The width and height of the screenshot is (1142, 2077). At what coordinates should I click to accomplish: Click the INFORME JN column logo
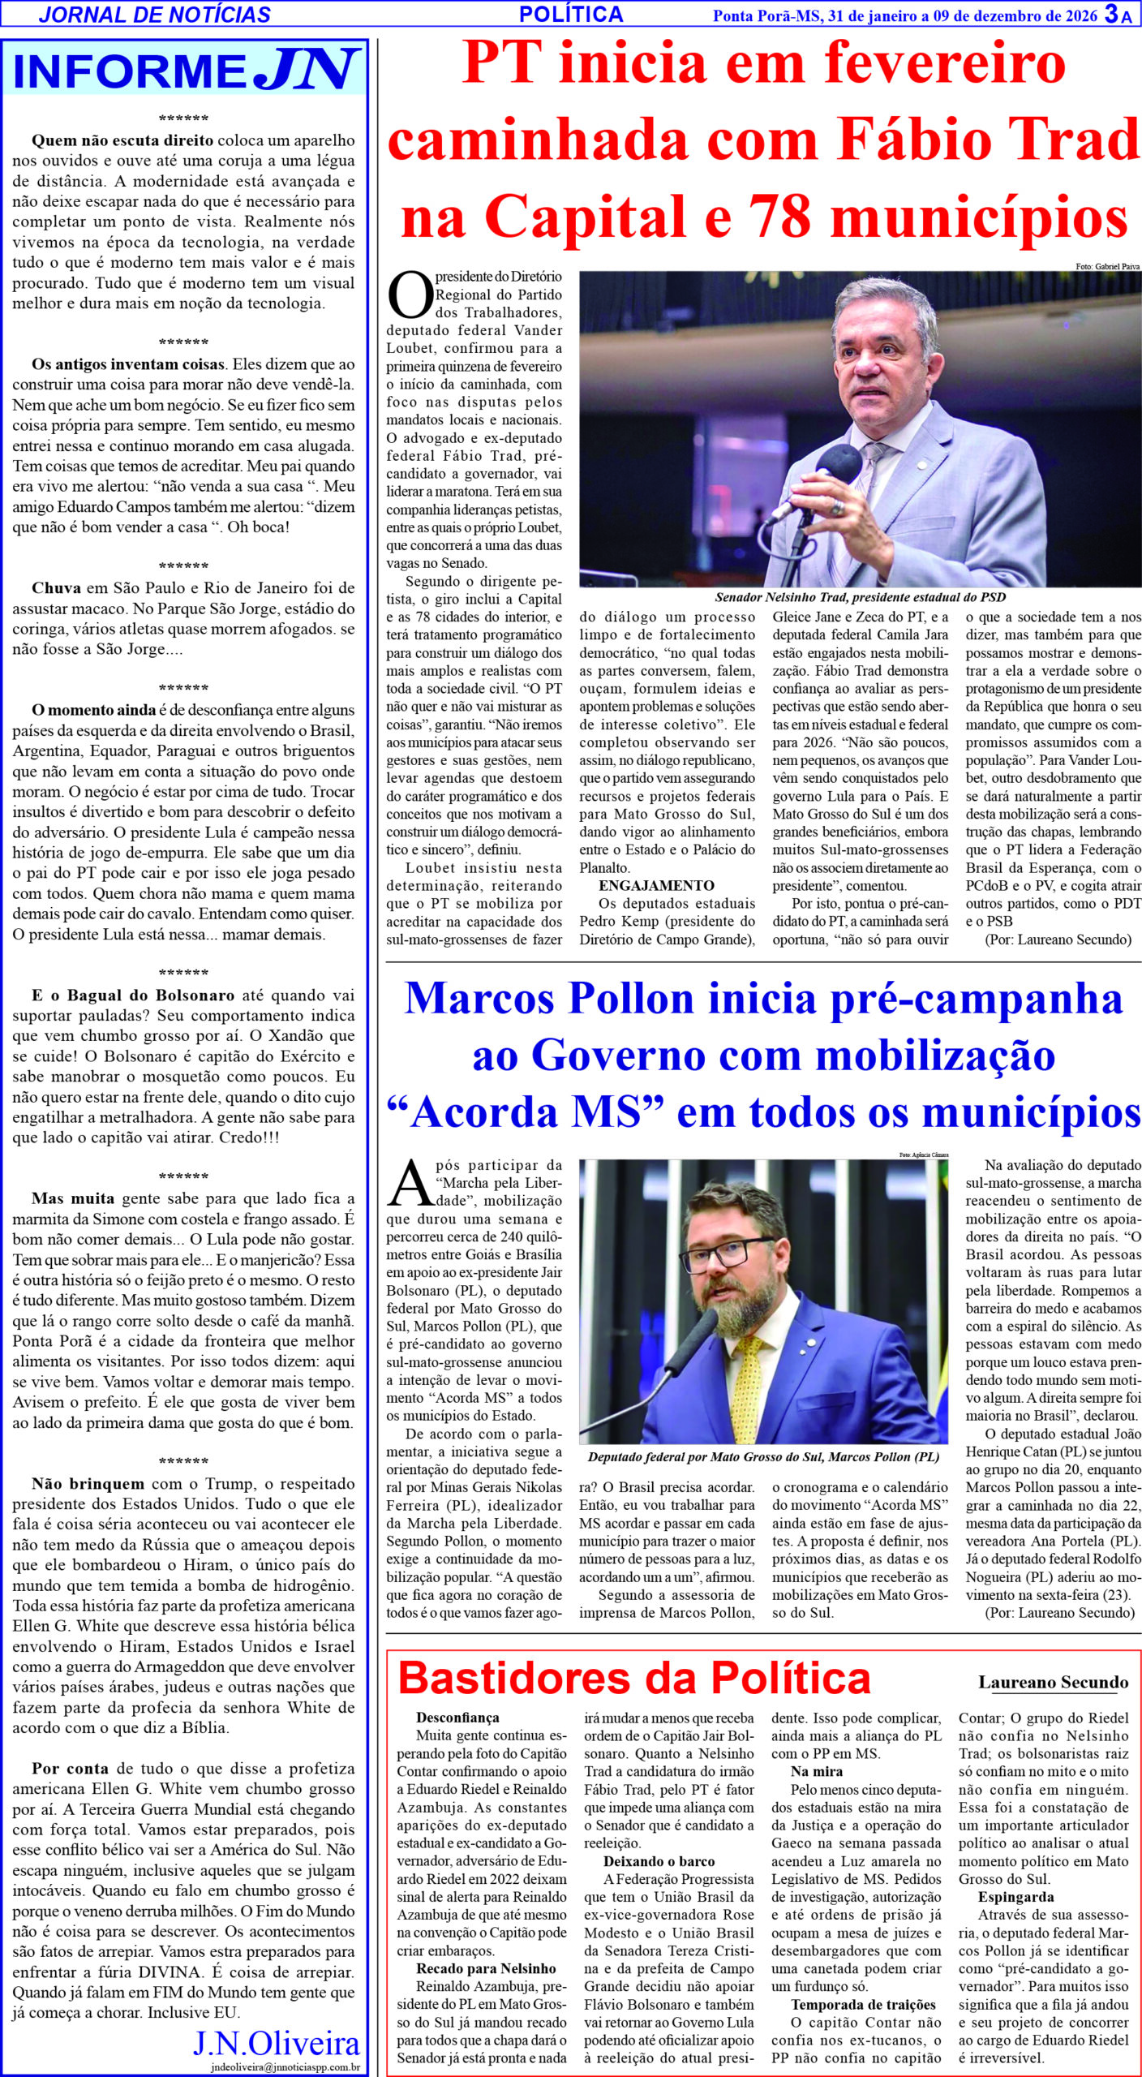(185, 71)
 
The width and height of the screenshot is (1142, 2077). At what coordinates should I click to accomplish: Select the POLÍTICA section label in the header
(571, 14)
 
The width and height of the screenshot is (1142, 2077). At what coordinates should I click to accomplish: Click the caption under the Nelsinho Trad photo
(860, 597)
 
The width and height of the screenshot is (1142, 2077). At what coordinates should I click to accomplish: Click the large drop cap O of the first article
(410, 295)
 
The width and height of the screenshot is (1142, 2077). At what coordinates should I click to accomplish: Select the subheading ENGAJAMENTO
(656, 885)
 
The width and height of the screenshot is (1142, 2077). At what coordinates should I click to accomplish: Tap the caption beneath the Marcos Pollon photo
(763, 1456)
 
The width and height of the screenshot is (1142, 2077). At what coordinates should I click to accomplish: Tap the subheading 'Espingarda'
(1015, 1897)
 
